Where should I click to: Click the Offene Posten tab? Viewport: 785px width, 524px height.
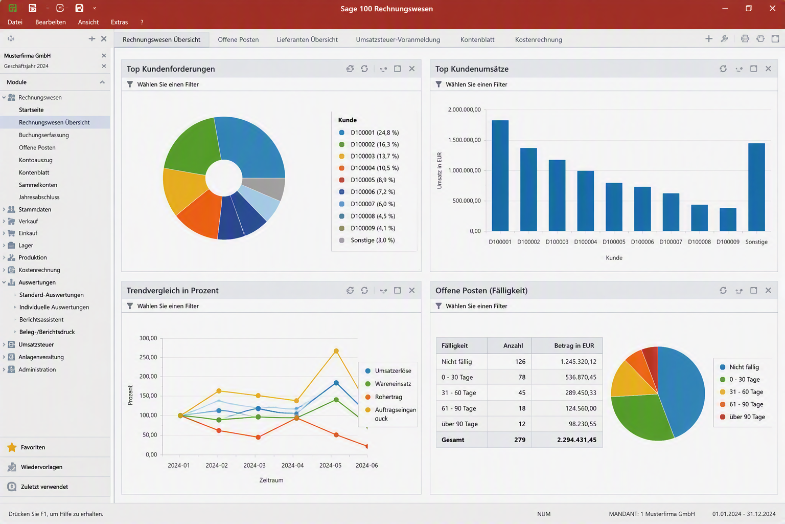pyautogui.click(x=238, y=40)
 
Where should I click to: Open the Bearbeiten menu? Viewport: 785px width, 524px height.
pyautogui.click(x=51, y=22)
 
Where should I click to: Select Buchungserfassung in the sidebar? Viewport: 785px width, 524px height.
pyautogui.click(x=44, y=135)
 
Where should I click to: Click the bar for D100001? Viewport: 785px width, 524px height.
pyautogui.click(x=500, y=176)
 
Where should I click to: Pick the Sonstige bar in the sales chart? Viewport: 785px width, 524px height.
pyautogui.click(x=756, y=187)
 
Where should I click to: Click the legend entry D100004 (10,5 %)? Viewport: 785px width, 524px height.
pyautogui.click(x=369, y=168)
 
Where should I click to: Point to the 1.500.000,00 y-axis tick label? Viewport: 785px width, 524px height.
pyautogui.click(x=465, y=140)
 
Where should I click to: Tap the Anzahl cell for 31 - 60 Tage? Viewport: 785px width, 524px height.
pyautogui.click(x=522, y=392)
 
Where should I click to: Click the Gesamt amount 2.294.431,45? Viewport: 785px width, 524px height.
pyautogui.click(x=576, y=440)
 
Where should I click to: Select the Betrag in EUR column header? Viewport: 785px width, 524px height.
pyautogui.click(x=574, y=346)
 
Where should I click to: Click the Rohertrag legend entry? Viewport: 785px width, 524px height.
pyautogui.click(x=384, y=397)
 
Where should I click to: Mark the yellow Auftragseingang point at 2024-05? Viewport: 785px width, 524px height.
pyautogui.click(x=336, y=351)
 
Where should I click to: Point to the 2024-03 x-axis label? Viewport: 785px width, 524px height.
pyautogui.click(x=255, y=465)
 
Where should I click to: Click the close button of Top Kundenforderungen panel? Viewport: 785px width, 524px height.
pyautogui.click(x=412, y=69)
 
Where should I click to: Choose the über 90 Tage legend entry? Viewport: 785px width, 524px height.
pyautogui.click(x=742, y=417)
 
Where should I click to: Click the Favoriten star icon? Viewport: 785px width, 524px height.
pyautogui.click(x=12, y=447)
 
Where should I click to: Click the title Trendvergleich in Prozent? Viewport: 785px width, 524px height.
pyautogui.click(x=172, y=291)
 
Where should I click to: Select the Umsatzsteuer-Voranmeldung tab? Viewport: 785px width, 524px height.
pyautogui.click(x=398, y=40)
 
